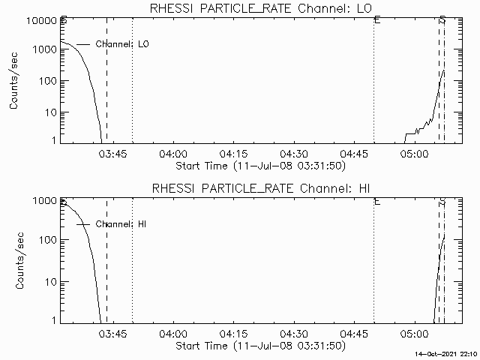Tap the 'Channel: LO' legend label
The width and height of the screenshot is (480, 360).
tap(122, 44)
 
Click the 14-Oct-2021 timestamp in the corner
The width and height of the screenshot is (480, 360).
tap(445, 352)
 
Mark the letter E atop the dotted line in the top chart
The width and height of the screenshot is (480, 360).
tap(376, 21)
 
